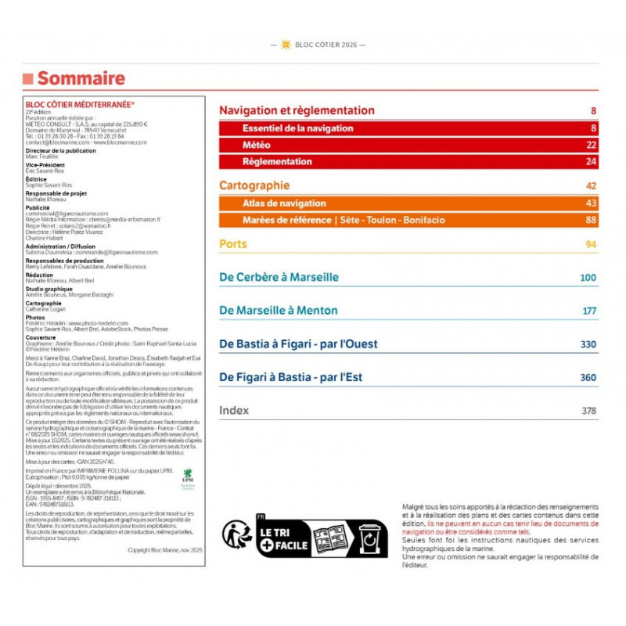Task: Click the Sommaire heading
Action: pyautogui.click(x=81, y=78)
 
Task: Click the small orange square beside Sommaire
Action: pyautogui.click(x=27, y=78)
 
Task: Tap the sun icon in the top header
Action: pyautogui.click(x=286, y=45)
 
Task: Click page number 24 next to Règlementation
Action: pyautogui.click(x=591, y=162)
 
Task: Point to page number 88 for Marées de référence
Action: pyautogui.click(x=591, y=220)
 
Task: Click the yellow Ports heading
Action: pyautogui.click(x=233, y=244)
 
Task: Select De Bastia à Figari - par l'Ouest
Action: pyautogui.click(x=298, y=344)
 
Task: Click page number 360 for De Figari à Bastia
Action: pyautogui.click(x=588, y=378)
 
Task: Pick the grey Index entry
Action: pyautogui.click(x=234, y=410)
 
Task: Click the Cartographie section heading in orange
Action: pyautogui.click(x=254, y=185)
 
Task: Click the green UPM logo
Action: pyautogui.click(x=187, y=475)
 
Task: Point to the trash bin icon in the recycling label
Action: pyautogui.click(x=369, y=538)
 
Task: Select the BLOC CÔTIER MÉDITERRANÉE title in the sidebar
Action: pyautogui.click(x=80, y=104)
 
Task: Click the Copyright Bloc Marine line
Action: pyautogui.click(x=164, y=550)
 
